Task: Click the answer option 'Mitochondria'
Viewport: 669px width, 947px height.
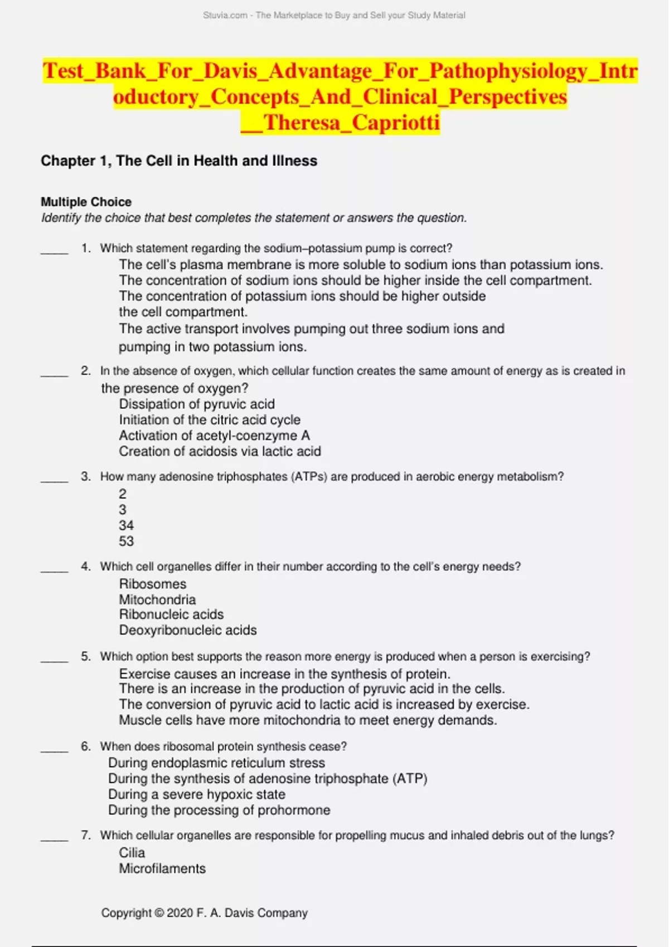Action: tap(157, 599)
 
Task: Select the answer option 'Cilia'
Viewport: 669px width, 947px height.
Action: tap(132, 852)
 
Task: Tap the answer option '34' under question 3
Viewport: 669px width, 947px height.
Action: tap(126, 525)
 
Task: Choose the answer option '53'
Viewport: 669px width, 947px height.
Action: tap(126, 541)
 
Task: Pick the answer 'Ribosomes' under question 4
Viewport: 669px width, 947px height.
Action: tap(153, 584)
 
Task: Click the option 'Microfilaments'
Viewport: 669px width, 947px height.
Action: tap(162, 868)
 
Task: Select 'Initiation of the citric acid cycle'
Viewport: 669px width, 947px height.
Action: tap(210, 419)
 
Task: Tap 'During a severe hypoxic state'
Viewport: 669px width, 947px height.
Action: tap(197, 794)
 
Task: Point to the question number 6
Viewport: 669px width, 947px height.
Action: tap(85, 746)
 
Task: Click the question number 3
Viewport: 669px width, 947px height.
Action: tap(85, 476)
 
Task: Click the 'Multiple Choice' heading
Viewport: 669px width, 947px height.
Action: tap(86, 202)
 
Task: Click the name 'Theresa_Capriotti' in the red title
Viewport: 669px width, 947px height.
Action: tap(351, 123)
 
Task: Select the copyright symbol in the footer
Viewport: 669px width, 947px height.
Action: tap(159, 913)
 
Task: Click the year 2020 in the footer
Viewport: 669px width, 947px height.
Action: tap(180, 913)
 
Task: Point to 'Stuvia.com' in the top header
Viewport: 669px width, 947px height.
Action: tap(225, 16)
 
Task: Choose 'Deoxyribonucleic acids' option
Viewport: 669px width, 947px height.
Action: tap(188, 630)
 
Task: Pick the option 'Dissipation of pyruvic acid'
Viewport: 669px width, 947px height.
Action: tap(197, 404)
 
